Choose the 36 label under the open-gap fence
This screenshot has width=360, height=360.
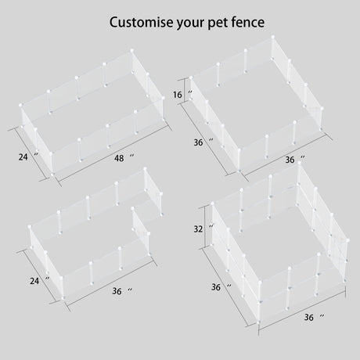pos(117,290)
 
